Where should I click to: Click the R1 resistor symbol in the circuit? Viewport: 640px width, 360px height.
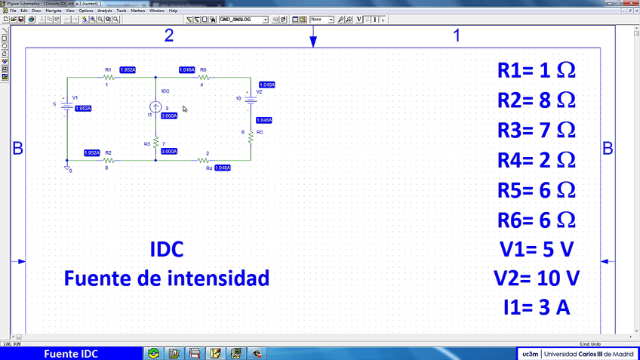pyautogui.click(x=108, y=77)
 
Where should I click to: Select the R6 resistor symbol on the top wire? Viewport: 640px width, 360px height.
pyautogui.click(x=202, y=77)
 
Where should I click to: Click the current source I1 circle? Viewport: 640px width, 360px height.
pyautogui.click(x=155, y=107)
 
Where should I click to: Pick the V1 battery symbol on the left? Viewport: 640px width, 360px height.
pyautogui.click(x=68, y=104)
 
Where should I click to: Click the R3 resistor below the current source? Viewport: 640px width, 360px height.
pyautogui.click(x=155, y=141)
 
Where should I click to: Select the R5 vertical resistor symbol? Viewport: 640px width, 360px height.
pyautogui.click(x=250, y=134)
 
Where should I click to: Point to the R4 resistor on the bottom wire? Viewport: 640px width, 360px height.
pyautogui.click(x=202, y=160)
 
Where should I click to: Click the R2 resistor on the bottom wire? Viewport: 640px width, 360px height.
pyautogui.click(x=108, y=160)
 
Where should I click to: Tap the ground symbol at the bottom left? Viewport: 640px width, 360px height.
pyautogui.click(x=68, y=167)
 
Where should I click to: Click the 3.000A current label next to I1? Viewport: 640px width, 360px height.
pyautogui.click(x=169, y=116)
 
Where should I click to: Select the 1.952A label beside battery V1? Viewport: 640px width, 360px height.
pyautogui.click(x=83, y=109)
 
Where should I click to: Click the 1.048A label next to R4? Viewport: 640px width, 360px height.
pyautogui.click(x=223, y=168)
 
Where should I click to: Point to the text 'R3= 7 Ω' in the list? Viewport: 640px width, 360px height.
pyautogui.click(x=537, y=130)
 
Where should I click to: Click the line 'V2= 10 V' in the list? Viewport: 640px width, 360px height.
pyautogui.click(x=537, y=278)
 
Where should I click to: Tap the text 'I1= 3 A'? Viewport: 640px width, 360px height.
pyautogui.click(x=537, y=308)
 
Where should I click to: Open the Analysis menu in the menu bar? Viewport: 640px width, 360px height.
pyautogui.click(x=104, y=11)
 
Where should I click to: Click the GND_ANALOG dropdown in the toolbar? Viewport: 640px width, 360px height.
pyautogui.click(x=244, y=19)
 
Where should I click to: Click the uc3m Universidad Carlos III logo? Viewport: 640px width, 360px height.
pyautogui.click(x=577, y=354)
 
